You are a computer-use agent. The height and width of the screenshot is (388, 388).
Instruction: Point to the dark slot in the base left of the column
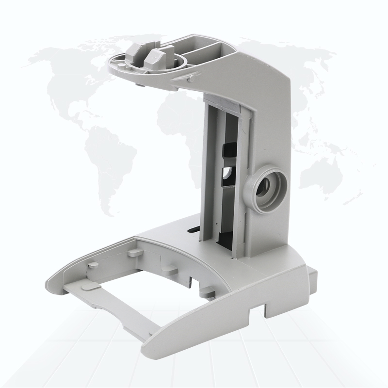[x=193, y=230]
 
